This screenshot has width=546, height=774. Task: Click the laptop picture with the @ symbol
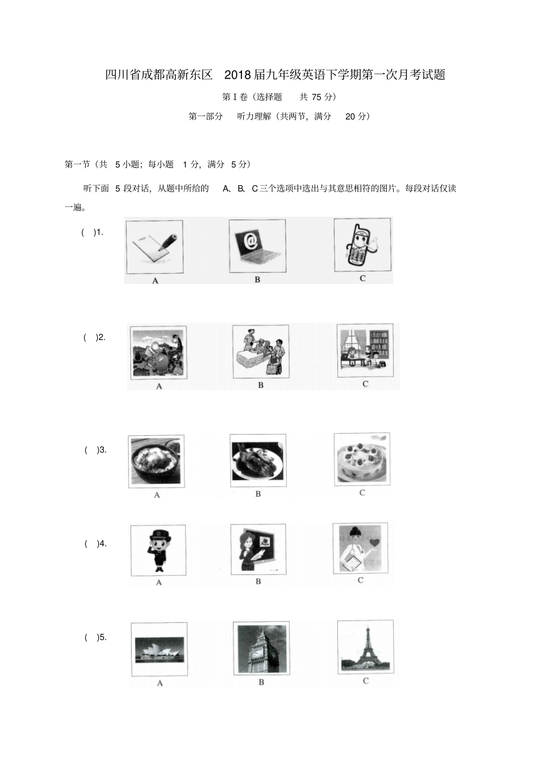click(x=256, y=246)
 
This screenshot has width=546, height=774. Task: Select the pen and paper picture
click(x=154, y=247)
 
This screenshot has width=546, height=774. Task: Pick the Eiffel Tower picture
click(x=366, y=647)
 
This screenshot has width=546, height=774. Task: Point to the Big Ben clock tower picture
click(x=261, y=648)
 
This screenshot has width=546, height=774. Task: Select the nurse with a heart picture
click(x=360, y=548)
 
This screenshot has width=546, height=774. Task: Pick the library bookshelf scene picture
click(x=365, y=349)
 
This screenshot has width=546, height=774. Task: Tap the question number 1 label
click(x=98, y=232)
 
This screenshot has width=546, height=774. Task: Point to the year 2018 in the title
click(x=238, y=75)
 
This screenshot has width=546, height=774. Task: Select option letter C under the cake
click(x=362, y=493)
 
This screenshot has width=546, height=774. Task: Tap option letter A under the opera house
click(x=160, y=683)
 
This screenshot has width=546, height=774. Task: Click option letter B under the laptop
click(x=257, y=279)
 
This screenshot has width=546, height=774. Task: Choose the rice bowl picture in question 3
click(x=156, y=462)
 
